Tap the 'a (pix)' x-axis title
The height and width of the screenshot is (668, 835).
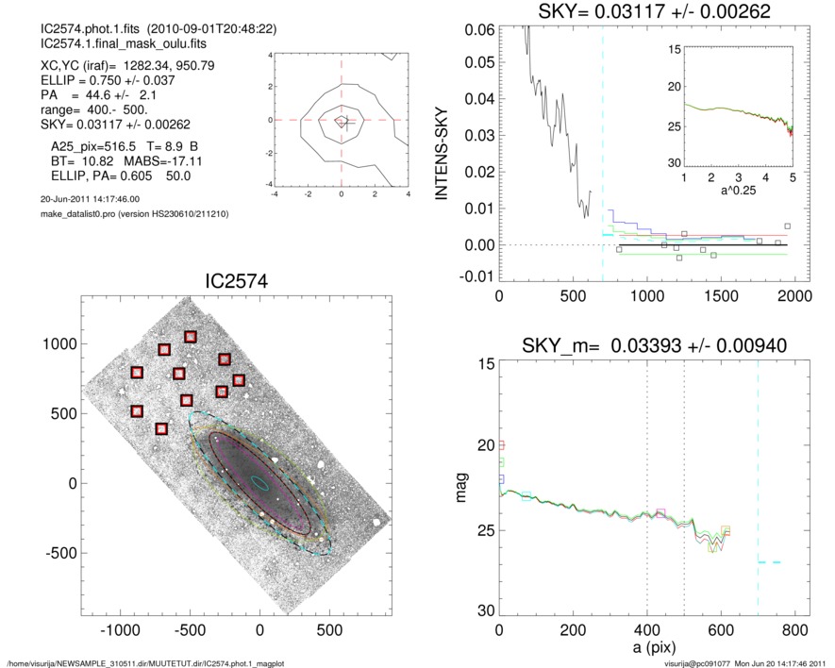pyautogui.click(x=646, y=651)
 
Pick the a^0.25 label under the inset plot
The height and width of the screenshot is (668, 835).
pyautogui.click(x=738, y=192)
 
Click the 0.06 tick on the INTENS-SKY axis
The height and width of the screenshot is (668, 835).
pyautogui.click(x=477, y=29)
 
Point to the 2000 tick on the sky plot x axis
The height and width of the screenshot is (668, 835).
pyautogui.click(x=793, y=295)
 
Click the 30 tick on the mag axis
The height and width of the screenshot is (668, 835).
pyautogui.click(x=484, y=611)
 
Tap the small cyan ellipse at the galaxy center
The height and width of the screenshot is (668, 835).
pyautogui.click(x=259, y=483)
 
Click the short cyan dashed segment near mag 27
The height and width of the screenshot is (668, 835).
pyautogui.click(x=769, y=561)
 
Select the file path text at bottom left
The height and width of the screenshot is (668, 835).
pyautogui.click(x=145, y=662)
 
